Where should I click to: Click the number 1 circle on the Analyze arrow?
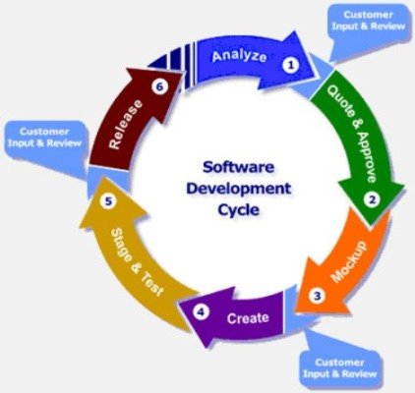[291, 65]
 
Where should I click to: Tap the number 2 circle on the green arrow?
[373, 199]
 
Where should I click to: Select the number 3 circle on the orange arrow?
[317, 296]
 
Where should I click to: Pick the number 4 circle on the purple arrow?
[201, 311]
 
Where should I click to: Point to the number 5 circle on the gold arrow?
[108, 201]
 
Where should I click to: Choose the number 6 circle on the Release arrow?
[159, 86]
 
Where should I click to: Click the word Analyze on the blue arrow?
[239, 56]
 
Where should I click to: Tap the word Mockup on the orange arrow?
[348, 261]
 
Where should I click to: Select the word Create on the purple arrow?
[248, 318]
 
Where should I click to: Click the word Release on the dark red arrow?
[126, 125]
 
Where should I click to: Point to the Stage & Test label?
[137, 262]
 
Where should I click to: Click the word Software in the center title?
[238, 167]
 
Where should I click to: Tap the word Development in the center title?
[239, 189]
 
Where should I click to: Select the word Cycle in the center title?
[239, 209]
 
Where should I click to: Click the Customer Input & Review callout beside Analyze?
[368, 25]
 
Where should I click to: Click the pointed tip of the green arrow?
[372, 226]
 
